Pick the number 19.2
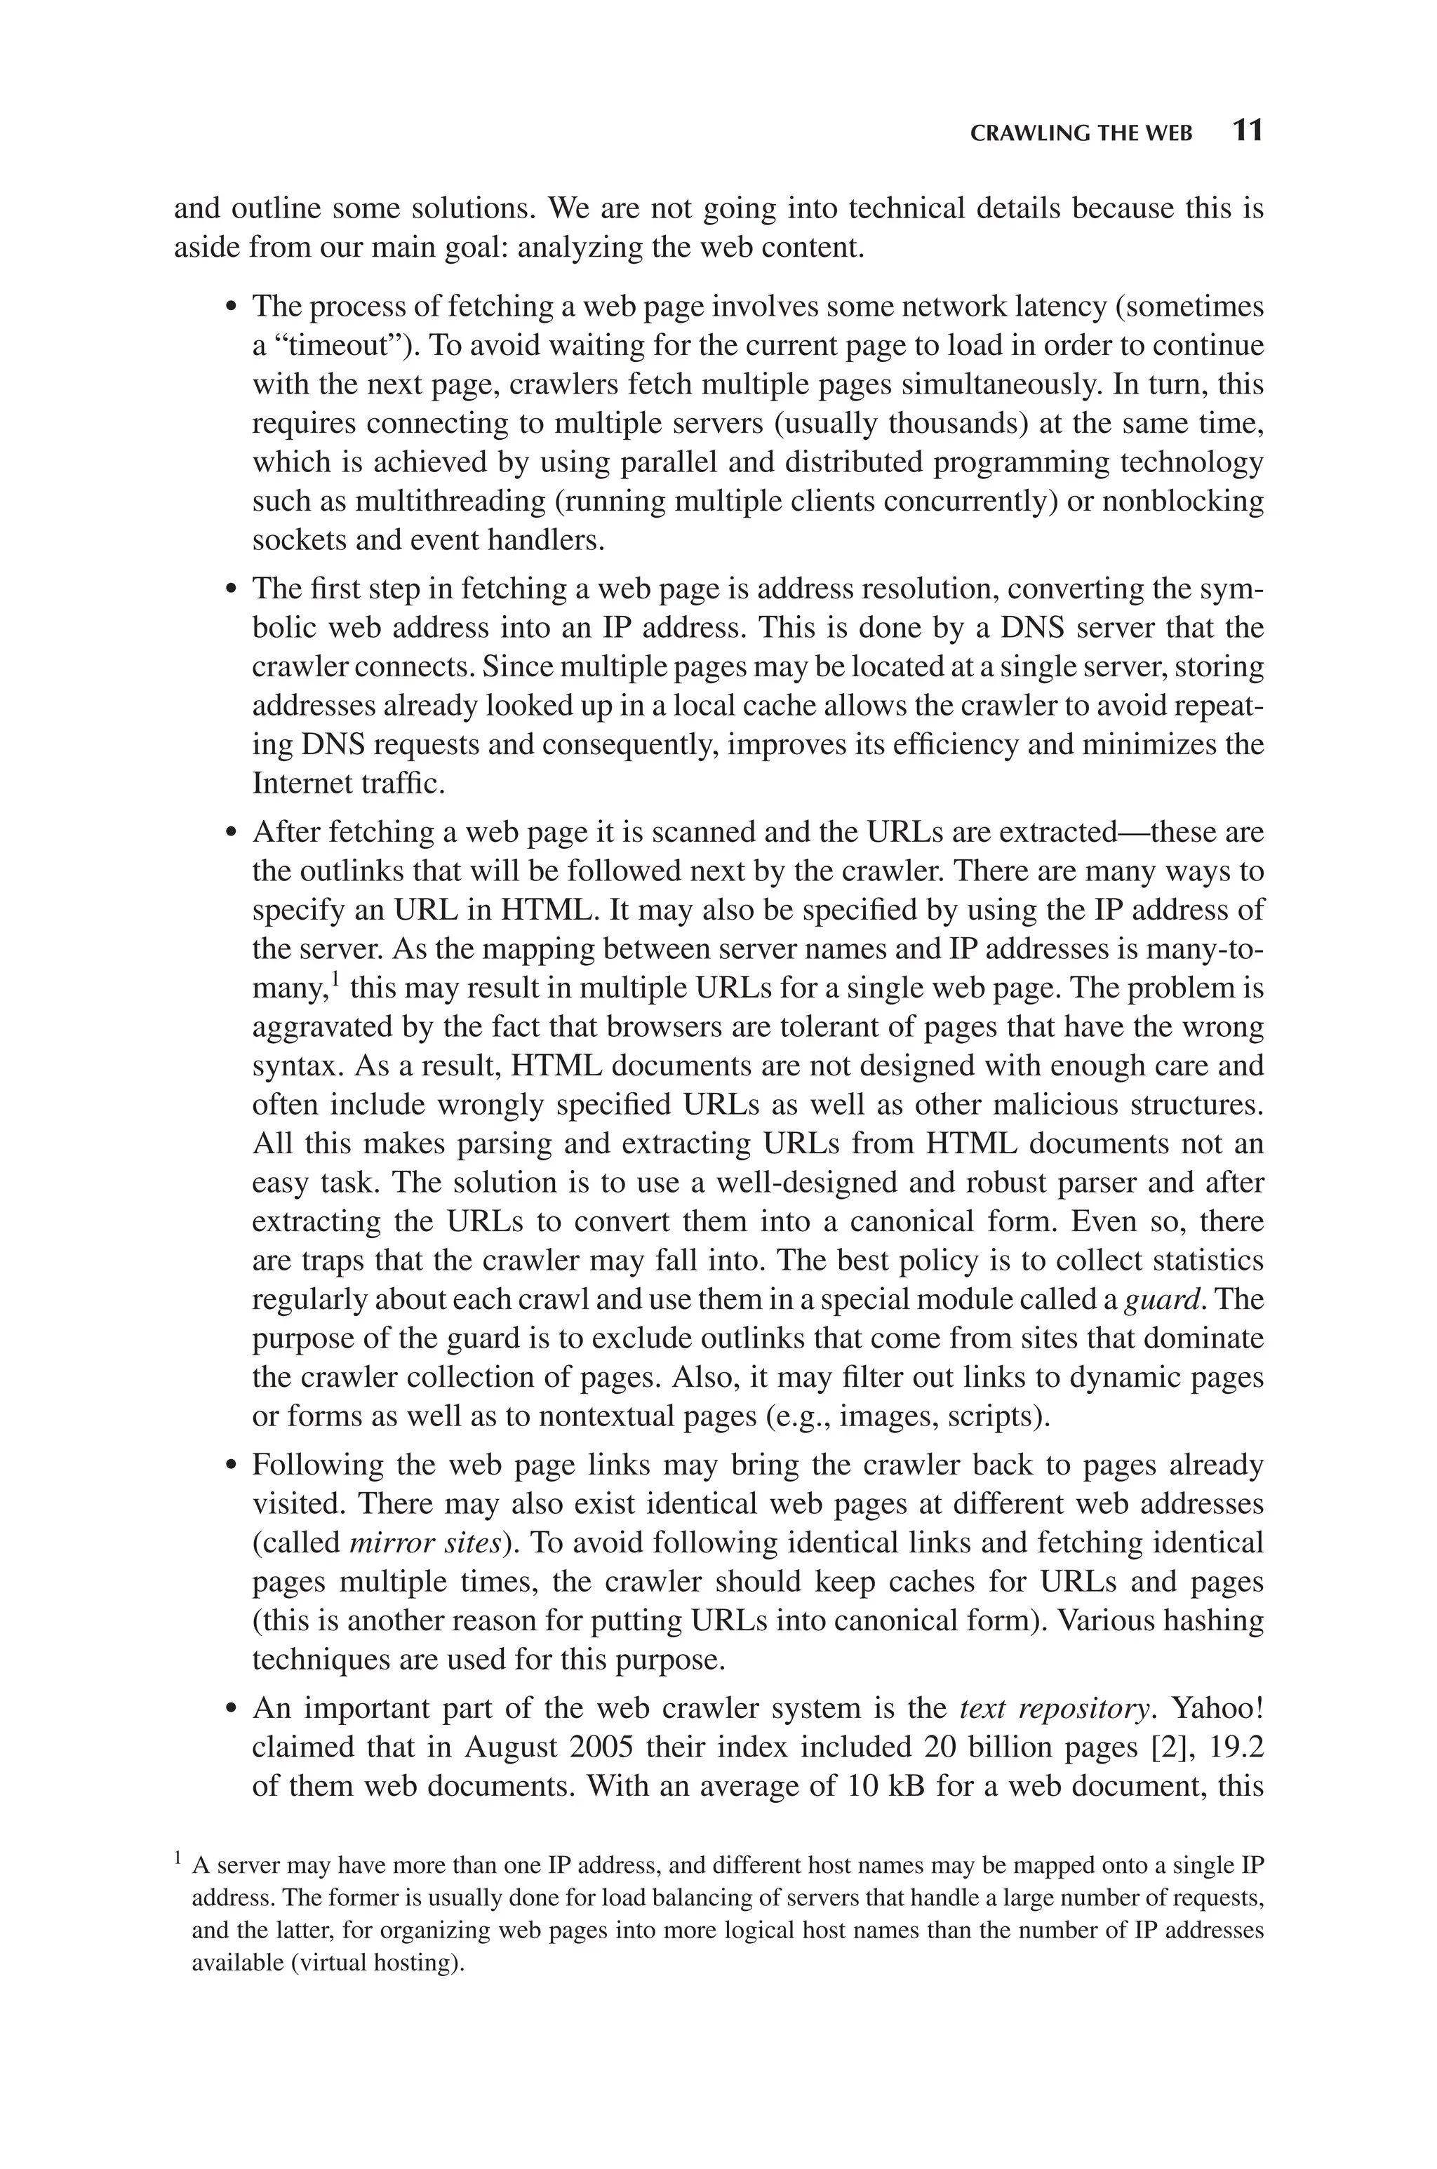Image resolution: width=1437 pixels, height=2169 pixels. click(1237, 1747)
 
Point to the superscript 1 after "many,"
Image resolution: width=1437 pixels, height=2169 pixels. click(335, 981)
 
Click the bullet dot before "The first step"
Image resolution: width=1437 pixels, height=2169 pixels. click(232, 589)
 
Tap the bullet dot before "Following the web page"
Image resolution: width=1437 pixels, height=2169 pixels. click(232, 1465)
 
